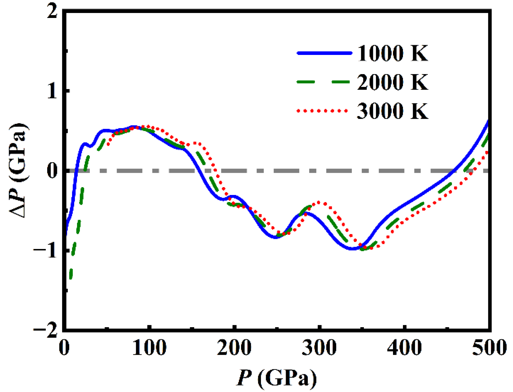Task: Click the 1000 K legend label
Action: [x=392, y=53]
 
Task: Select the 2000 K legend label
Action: [x=392, y=82]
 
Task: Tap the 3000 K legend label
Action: [x=392, y=111]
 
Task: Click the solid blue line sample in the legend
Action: [x=324, y=53]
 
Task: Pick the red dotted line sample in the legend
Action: [x=322, y=111]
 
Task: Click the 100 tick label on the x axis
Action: [x=149, y=348]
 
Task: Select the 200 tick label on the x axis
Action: [x=234, y=348]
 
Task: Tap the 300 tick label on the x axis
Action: [x=319, y=348]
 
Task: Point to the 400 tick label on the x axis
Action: [x=404, y=348]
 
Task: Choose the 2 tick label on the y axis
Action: [x=52, y=12]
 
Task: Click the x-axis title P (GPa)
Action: [x=277, y=377]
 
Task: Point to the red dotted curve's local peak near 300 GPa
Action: [x=320, y=203]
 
